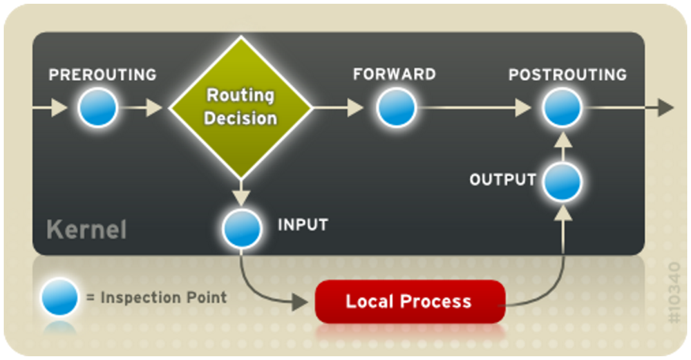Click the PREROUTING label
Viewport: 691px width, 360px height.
102,75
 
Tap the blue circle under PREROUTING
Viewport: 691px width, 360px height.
98,108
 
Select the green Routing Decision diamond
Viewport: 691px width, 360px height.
240,107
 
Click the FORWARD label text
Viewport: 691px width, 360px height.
395,74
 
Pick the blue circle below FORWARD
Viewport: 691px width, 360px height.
396,108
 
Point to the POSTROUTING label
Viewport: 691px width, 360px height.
567,75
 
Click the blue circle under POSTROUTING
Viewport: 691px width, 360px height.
562,108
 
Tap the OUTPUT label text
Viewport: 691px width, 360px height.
503,180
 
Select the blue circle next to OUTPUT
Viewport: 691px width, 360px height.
562,182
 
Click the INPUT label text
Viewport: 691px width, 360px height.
303,225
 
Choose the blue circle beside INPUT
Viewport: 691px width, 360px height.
242,229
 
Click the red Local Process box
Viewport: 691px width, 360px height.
410,301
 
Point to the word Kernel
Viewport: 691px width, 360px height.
86,229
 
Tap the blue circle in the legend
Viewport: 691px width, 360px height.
59,297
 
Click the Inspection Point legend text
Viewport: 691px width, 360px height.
157,297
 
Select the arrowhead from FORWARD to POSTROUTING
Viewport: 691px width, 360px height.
523,108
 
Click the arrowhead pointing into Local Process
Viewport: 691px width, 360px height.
300,302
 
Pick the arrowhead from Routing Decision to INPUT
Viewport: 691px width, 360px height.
241,198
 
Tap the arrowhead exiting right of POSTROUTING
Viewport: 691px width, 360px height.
666,108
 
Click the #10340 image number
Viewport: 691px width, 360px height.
674,292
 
